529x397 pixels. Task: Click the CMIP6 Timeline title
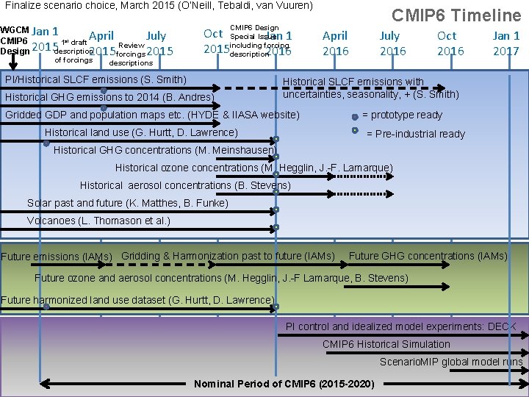(456, 15)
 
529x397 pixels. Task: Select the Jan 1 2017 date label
(506, 43)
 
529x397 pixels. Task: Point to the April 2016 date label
(335, 43)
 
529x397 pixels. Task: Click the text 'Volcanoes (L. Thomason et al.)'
(98, 221)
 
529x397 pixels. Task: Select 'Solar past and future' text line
(128, 203)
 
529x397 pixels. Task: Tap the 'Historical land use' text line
(141, 132)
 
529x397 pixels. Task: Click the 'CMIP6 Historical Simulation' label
(386, 344)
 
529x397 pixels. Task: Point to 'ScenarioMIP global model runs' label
(451, 362)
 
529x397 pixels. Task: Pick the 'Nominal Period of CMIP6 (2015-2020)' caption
(284, 385)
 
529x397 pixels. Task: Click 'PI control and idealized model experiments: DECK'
(401, 326)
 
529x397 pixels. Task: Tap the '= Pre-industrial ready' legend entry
(415, 134)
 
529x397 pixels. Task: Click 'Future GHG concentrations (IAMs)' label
(428, 256)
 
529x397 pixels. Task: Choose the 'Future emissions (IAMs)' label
(57, 257)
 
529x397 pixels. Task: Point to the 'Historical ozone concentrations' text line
(253, 168)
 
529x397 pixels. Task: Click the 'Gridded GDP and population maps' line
(152, 115)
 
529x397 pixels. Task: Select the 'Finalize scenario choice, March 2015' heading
(159, 5)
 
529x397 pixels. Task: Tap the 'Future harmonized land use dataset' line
(137, 300)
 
